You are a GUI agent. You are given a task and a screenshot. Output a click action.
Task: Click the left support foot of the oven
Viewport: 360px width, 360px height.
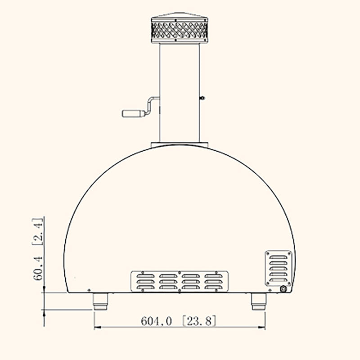tap(101, 301)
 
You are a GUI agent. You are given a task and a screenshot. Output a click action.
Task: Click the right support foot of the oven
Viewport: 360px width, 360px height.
tap(258, 301)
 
